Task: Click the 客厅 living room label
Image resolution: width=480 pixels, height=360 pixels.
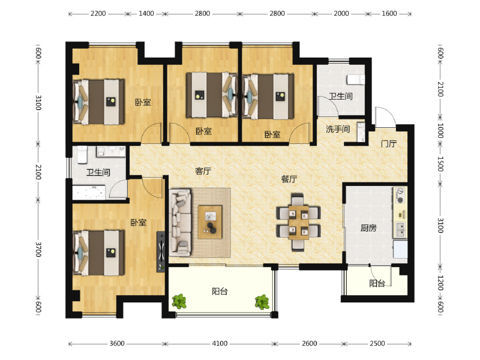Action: [x=203, y=171]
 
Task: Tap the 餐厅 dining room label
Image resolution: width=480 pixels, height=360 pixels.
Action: [x=289, y=179]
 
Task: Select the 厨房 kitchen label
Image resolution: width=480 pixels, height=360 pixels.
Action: [x=368, y=228]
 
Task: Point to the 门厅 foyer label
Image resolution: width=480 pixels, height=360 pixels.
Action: [x=389, y=143]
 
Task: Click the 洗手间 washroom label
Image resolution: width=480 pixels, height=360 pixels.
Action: [x=338, y=129]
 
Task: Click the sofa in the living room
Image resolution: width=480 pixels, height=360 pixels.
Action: [x=181, y=223]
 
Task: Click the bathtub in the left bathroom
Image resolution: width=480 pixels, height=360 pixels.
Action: [x=89, y=193]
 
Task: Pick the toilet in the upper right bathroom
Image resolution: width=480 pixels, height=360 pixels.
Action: [x=356, y=80]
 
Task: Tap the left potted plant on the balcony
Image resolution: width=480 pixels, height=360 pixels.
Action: [x=179, y=301]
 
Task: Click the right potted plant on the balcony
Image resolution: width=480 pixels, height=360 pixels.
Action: [x=262, y=302]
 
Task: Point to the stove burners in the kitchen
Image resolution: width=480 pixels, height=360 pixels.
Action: [x=400, y=196]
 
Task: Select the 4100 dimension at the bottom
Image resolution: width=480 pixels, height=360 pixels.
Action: [x=220, y=343]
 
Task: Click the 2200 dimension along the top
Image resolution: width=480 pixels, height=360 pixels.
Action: [x=98, y=13]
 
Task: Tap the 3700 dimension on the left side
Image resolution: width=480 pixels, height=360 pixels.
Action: [x=38, y=250]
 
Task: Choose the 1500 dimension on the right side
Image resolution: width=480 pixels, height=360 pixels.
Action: [x=440, y=164]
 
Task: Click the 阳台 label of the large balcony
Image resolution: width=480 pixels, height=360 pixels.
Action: [x=220, y=291]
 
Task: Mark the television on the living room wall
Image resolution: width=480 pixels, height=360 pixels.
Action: [x=161, y=251]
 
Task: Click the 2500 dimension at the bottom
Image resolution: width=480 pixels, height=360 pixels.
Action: [x=377, y=343]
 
